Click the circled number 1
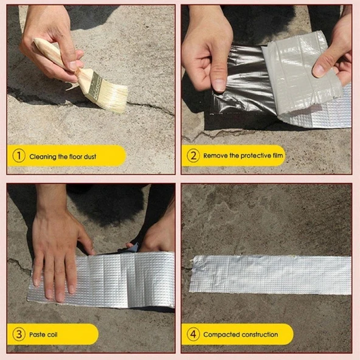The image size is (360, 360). (19, 156)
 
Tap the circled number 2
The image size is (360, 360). (193, 156)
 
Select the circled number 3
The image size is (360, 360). (19, 334)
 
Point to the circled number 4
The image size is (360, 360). (193, 334)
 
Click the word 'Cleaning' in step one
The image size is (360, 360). (43, 157)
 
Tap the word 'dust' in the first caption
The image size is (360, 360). (90, 156)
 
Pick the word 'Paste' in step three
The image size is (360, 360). (36, 334)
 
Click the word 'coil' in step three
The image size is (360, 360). (52, 334)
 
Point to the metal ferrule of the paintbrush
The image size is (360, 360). (92, 85)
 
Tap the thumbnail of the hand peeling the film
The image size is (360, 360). (220, 86)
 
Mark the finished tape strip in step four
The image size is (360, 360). (271, 275)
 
